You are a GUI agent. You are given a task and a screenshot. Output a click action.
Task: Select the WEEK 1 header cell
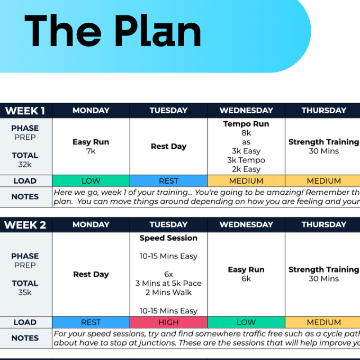25,111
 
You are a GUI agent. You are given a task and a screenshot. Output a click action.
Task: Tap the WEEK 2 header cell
25,225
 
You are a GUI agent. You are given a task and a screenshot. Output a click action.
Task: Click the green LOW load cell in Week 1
91,181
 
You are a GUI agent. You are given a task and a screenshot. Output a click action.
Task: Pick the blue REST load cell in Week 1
168,181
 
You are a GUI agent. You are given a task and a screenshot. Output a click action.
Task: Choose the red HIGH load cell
168,322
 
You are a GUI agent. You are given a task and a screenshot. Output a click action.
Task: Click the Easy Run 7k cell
91,146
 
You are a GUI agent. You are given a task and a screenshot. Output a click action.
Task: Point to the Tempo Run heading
246,124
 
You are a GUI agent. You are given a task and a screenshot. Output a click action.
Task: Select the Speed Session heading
168,238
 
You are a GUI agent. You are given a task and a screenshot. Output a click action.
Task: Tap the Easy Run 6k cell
246,274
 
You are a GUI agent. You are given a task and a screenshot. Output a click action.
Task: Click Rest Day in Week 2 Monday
91,274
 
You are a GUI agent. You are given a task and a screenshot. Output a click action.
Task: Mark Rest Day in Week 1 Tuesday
168,147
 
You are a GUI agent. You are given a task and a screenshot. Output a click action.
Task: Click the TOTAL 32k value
25,165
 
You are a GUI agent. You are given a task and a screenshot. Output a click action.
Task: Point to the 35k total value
25,292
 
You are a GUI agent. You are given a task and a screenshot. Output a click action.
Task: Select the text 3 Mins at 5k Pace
168,283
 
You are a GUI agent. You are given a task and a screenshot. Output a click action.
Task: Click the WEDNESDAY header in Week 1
246,111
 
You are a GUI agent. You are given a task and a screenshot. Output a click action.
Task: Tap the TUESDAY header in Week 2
168,225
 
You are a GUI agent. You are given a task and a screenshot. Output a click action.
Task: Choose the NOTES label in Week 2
25,338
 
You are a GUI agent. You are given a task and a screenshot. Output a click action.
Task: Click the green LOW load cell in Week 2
246,322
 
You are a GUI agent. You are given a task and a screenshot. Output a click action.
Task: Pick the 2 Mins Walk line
168,292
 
